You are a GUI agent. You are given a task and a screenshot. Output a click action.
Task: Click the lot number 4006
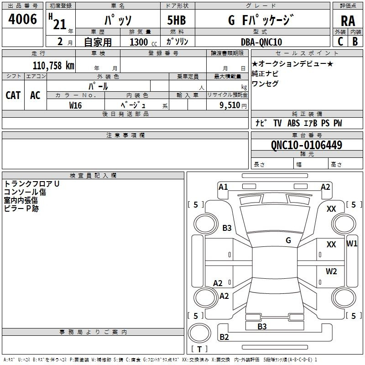click(x=23, y=20)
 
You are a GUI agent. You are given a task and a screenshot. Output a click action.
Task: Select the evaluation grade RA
click(x=348, y=21)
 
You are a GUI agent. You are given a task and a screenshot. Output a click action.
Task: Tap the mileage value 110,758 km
click(x=53, y=65)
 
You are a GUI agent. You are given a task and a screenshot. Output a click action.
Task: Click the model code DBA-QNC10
click(x=261, y=42)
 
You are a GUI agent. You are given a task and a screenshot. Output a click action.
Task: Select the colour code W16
click(x=75, y=105)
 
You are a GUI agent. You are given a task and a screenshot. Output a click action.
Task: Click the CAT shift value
click(x=13, y=95)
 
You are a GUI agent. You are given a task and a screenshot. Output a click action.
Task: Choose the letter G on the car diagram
click(x=288, y=240)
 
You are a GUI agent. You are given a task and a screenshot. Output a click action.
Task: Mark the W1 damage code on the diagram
click(x=352, y=243)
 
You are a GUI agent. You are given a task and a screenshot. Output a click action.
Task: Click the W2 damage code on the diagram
click(x=331, y=271)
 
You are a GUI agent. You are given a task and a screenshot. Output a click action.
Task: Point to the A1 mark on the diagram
click(x=223, y=187)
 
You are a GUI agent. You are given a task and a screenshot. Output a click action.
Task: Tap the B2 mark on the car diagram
click(x=224, y=337)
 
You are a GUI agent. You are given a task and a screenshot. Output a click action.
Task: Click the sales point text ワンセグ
click(x=265, y=84)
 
